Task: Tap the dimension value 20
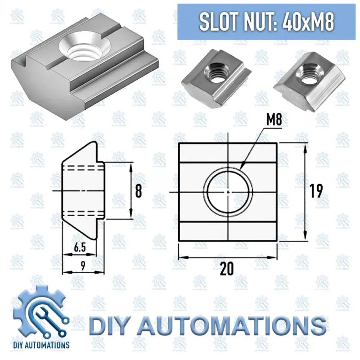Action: pyautogui.click(x=227, y=269)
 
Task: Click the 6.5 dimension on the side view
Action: pyautogui.click(x=79, y=247)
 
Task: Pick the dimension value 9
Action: pyautogui.click(x=82, y=265)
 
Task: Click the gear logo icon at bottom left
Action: pyautogui.click(x=44, y=310)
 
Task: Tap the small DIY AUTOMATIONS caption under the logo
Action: pyautogui.click(x=44, y=345)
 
